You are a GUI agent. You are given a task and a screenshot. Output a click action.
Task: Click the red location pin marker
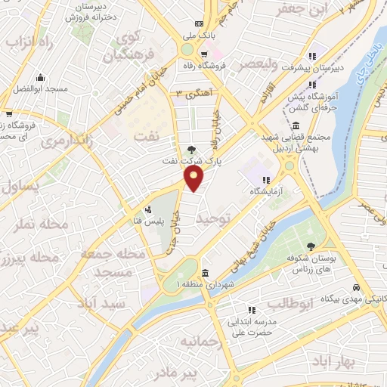click(x=194, y=179)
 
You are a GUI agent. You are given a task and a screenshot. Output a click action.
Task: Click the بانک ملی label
click(x=199, y=34)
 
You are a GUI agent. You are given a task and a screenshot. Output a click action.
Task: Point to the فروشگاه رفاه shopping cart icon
click(x=205, y=54)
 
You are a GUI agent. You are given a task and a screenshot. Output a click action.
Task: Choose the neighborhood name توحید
click(x=212, y=218)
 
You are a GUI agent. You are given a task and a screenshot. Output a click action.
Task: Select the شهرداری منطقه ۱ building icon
click(x=205, y=273)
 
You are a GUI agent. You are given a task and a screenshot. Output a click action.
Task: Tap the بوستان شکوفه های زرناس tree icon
click(x=311, y=246)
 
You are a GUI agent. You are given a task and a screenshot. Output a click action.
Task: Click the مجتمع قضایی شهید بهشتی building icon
click(x=295, y=125)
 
